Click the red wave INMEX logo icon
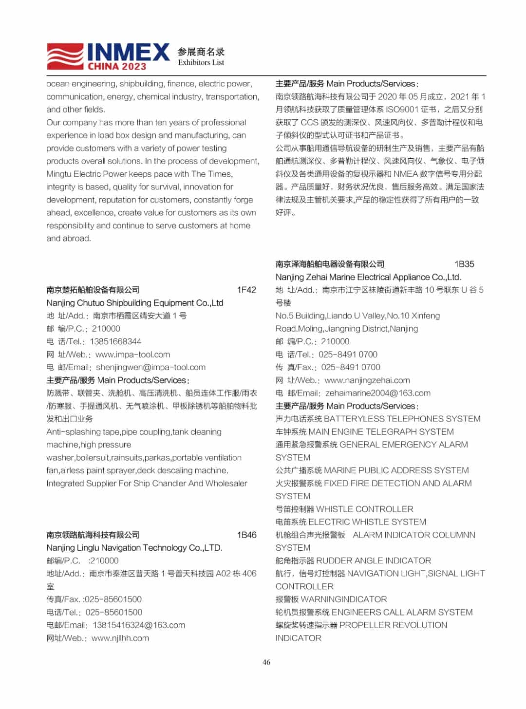pos(66,56)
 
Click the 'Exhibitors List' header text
pos(201,62)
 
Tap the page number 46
pos(266,662)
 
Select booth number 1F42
pos(246,290)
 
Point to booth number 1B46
pos(246,535)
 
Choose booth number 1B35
pos(464,264)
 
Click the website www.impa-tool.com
pos(132,354)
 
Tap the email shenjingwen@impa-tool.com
pos(150,367)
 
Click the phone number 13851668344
pos(115,341)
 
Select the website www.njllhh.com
pos(120,638)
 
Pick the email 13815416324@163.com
pos(139,625)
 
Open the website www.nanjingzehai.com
pos(367,380)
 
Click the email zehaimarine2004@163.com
pos(378,393)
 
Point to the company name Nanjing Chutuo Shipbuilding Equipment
pos(134,303)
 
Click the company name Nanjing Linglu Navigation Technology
pos(134,548)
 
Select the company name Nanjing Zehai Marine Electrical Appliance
pos(368,277)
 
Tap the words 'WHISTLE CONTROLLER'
pos(365,509)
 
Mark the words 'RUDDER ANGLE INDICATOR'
pos(374,561)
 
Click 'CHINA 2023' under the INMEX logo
pos(117,67)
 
